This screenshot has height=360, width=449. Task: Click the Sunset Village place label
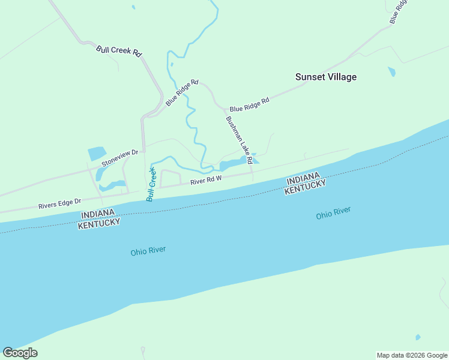coord(326,77)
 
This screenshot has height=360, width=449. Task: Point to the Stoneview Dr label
coord(119,158)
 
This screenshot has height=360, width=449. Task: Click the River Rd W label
coord(206,180)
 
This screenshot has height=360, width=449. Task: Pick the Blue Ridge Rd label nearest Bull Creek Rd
coord(182,92)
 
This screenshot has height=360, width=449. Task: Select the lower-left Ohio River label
coord(148,251)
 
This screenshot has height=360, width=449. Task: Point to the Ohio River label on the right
coord(333,213)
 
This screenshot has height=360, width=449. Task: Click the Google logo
coord(20,353)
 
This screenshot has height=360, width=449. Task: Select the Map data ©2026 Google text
coord(411,355)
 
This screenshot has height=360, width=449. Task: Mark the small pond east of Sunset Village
coord(392,72)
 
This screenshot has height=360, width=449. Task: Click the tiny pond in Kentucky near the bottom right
coord(418,337)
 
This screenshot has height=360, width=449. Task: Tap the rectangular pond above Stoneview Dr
coord(97,154)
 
